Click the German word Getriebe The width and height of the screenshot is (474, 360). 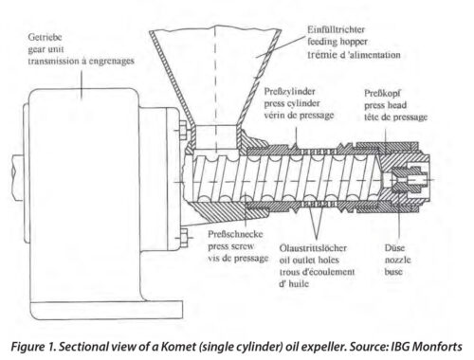click(45, 37)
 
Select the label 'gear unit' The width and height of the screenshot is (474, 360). click(46, 49)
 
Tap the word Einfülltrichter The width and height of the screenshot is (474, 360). click(337, 29)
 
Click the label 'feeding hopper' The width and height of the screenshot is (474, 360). click(337, 42)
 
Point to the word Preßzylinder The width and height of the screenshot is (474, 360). click(289, 92)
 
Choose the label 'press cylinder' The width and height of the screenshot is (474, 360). click(292, 103)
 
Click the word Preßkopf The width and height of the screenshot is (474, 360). click(382, 94)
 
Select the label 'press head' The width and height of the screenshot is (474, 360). click(385, 105)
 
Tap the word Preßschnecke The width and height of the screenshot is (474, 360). click(235, 234)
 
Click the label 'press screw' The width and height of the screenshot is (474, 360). click(231, 246)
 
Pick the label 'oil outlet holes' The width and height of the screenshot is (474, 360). click(309, 261)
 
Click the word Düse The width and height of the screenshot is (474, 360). click(394, 248)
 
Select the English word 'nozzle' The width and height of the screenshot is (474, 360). click(398, 260)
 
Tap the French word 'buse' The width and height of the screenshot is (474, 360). click(393, 272)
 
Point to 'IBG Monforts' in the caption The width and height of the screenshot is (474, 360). click(427, 347)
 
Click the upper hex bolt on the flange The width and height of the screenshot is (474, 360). click(184, 131)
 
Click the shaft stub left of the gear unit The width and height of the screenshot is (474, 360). click(18, 177)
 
